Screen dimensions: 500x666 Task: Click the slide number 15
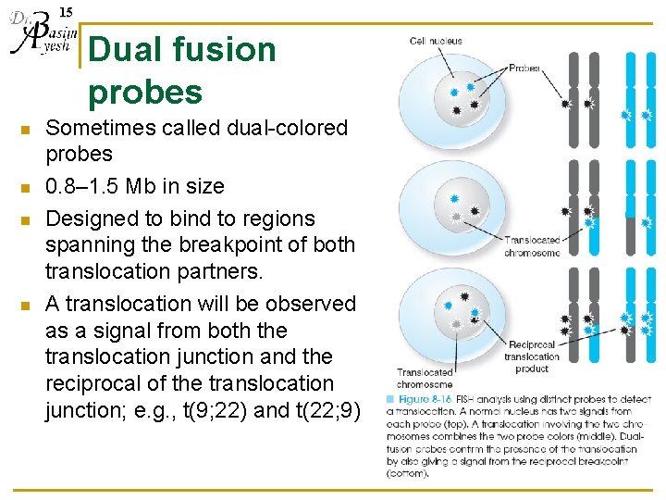pyautogui.click(x=66, y=11)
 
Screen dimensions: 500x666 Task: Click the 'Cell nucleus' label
pyautogui.click(x=436, y=42)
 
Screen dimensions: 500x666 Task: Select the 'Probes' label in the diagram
pyautogui.click(x=524, y=69)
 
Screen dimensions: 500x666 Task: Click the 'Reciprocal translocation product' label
pyautogui.click(x=532, y=356)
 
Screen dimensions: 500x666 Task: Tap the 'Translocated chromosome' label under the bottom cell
pyautogui.click(x=425, y=378)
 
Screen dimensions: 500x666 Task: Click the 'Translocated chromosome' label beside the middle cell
pyautogui.click(x=532, y=246)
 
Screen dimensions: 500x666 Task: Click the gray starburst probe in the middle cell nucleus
pyautogui.click(x=455, y=216)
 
